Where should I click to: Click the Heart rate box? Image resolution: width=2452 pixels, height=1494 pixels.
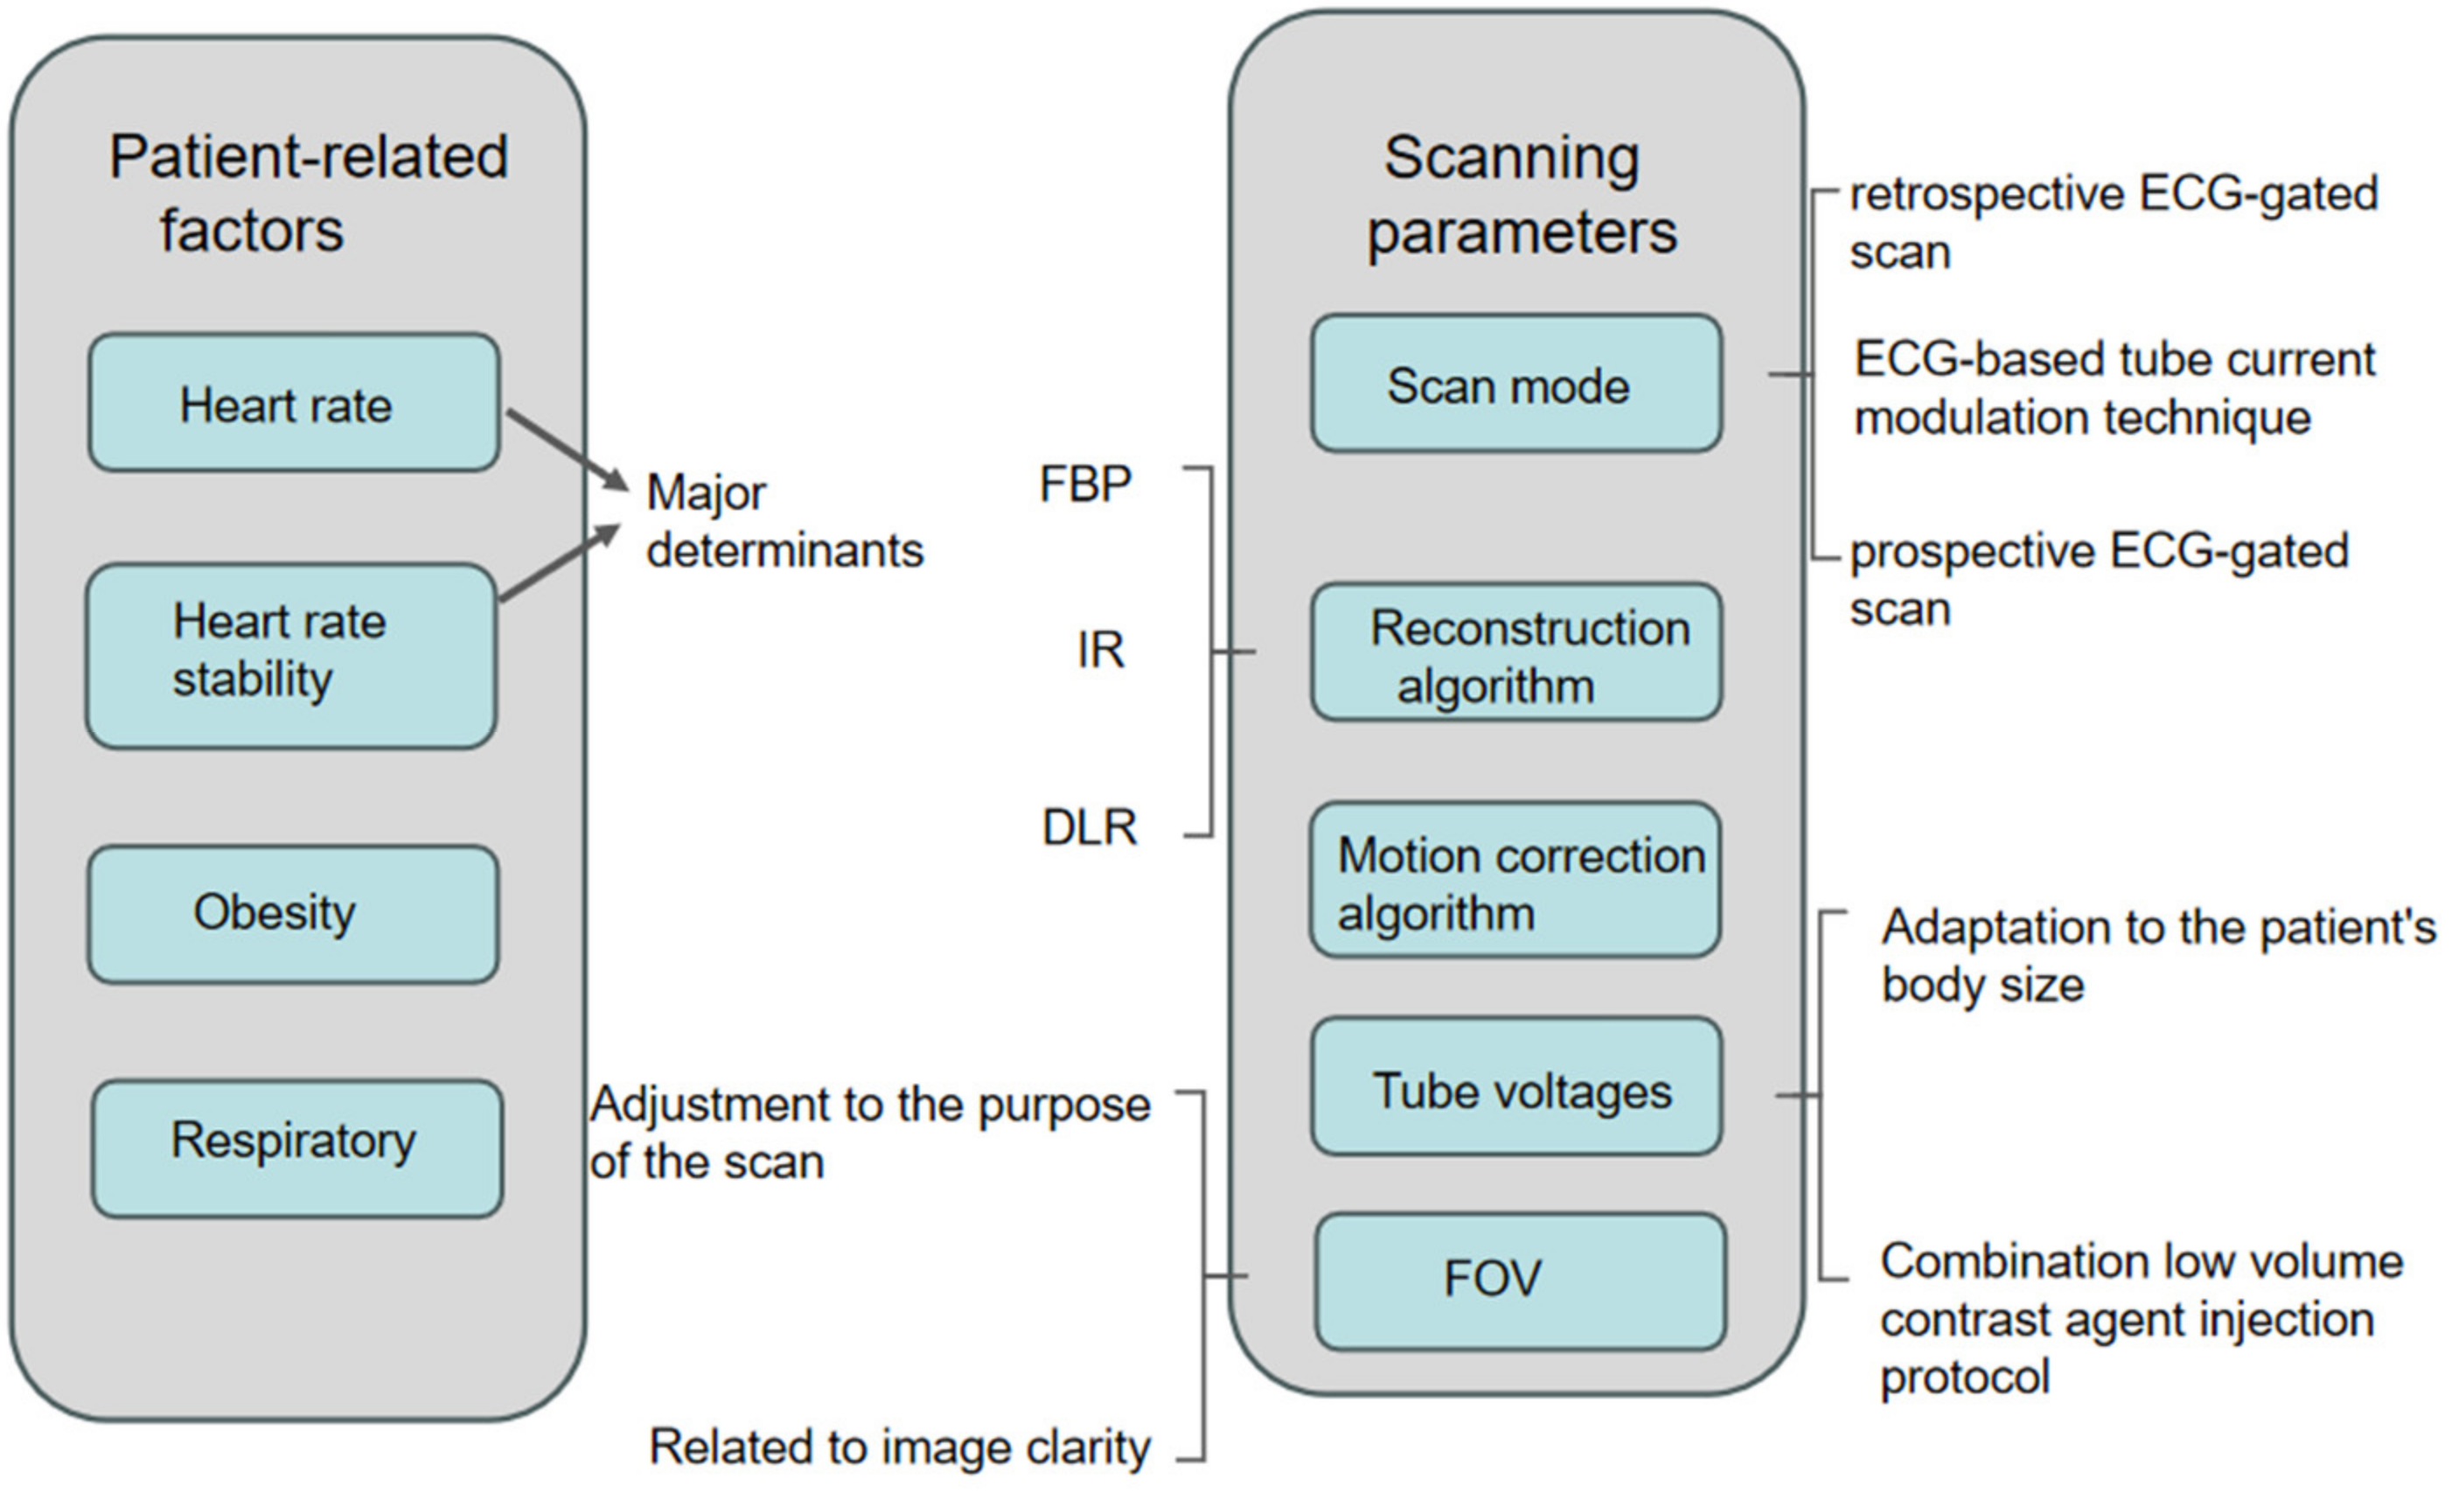point(294,403)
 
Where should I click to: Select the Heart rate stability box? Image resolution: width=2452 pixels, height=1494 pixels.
point(290,655)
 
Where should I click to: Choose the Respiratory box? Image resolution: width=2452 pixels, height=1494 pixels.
point(296,1148)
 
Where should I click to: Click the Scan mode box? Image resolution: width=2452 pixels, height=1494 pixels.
point(1515,384)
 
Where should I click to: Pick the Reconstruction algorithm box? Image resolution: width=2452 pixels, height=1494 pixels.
point(1515,652)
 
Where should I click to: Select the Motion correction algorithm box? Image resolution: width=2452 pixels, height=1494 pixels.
point(1515,881)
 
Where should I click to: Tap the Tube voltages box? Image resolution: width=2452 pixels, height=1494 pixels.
point(1515,1087)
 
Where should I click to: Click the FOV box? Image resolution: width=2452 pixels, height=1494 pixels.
point(1520,1280)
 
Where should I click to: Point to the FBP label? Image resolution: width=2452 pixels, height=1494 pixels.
point(1084,485)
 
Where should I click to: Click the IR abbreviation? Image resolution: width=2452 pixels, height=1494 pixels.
point(1099,650)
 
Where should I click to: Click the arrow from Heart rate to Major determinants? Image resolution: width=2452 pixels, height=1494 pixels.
point(568,449)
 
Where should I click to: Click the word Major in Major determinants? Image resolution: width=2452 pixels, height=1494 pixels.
point(706,492)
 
